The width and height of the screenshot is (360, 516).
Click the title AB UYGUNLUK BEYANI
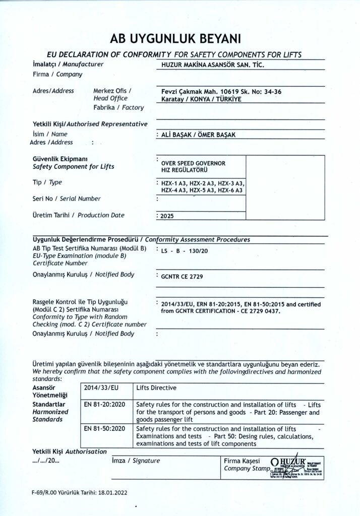[179, 38]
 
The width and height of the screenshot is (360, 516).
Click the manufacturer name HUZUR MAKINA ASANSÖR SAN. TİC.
[212, 64]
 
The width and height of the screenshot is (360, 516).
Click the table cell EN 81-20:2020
[104, 404]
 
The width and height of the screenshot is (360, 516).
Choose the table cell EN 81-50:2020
[104, 428]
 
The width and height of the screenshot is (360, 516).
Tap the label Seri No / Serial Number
[67, 199]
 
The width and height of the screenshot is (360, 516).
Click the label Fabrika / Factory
[118, 107]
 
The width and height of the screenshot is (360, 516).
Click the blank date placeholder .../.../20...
[46, 461]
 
